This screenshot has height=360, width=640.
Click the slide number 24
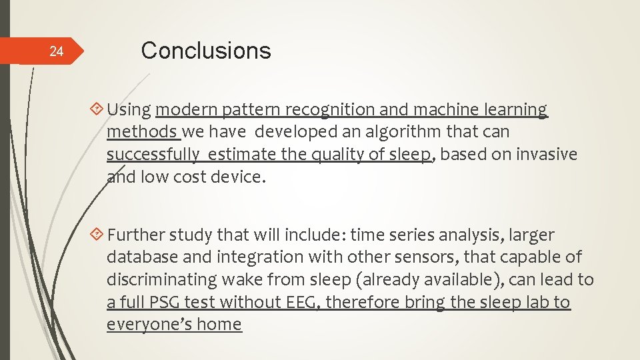click(x=57, y=52)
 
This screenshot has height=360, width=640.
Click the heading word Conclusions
click(x=206, y=51)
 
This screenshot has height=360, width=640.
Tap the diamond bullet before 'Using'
click(x=98, y=109)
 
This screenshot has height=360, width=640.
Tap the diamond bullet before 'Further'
click(x=98, y=235)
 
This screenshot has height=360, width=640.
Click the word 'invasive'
click(x=545, y=155)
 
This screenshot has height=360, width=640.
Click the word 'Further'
click(x=136, y=235)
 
